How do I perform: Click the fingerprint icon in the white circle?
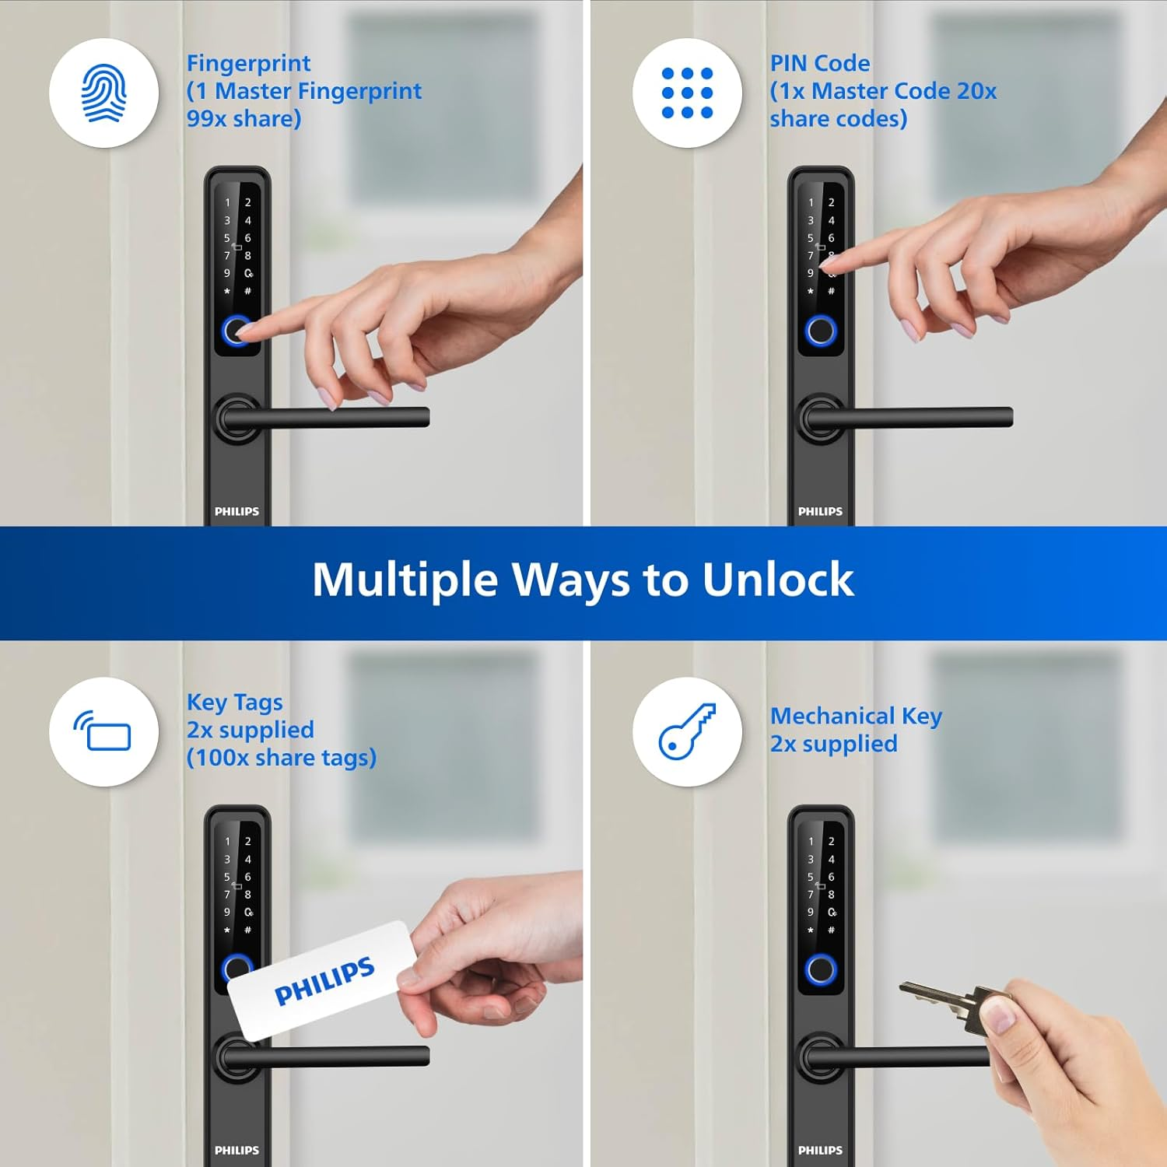point(103,93)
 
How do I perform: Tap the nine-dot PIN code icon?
point(687,93)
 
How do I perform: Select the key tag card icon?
point(103,731)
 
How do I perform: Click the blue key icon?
point(687,731)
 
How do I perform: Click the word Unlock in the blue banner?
point(777,580)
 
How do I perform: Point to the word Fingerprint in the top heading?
point(248,63)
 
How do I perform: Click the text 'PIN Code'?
point(820,63)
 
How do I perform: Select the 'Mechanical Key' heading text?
point(856,716)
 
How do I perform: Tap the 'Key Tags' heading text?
point(234,702)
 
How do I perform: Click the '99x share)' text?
point(244,119)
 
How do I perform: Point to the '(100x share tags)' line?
point(281,758)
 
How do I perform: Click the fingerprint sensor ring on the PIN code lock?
point(820,331)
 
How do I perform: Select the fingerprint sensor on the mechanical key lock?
point(820,970)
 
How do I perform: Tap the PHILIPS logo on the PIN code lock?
point(820,511)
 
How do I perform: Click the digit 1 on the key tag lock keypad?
point(227,842)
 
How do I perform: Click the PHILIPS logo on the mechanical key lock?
point(820,1150)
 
